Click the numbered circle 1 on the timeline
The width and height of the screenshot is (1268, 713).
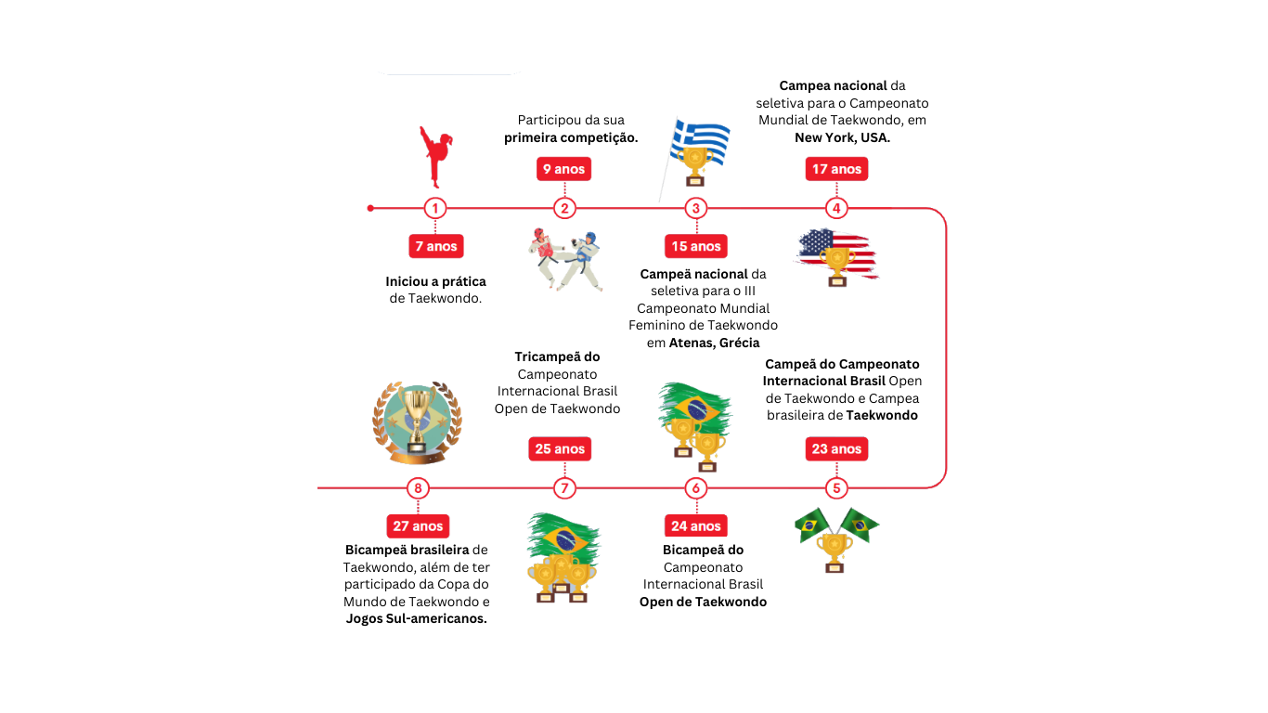point(435,208)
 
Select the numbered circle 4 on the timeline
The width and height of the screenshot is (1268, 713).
point(836,208)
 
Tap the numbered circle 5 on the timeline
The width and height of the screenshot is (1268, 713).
point(836,487)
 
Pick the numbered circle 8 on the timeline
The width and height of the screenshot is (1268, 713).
point(418,487)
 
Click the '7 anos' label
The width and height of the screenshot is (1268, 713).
point(435,246)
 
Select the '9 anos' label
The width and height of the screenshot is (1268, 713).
point(563,169)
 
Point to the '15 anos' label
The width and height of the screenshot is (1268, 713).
point(695,246)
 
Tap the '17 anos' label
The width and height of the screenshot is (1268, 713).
point(836,169)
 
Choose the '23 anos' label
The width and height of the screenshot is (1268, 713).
point(836,448)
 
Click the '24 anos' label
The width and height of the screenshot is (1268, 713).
point(695,525)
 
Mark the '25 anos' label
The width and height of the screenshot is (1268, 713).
point(560,448)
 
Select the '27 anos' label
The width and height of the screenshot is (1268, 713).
point(418,525)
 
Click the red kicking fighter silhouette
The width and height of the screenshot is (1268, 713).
point(433,155)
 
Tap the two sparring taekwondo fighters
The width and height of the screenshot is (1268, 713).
point(565,259)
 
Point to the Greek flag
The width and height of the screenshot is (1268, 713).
point(702,138)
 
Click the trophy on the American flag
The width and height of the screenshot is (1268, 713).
point(837,264)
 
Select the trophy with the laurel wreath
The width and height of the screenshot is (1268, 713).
point(418,421)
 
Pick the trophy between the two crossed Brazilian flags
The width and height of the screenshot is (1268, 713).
point(835,551)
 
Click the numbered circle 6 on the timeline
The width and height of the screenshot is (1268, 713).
point(696,487)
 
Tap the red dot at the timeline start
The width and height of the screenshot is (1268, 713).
point(370,208)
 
